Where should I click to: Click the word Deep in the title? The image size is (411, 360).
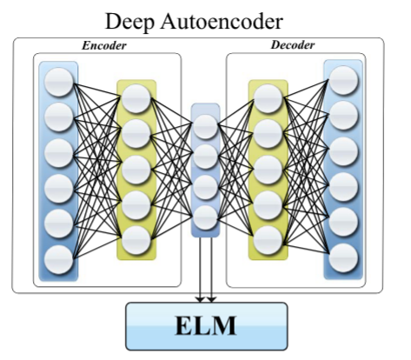tap(129, 23)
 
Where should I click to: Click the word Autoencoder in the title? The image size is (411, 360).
tap(222, 21)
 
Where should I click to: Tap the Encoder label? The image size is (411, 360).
tap(104, 45)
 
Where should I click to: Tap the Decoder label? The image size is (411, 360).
tap(293, 45)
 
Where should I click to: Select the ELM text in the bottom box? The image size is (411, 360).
tap(206, 326)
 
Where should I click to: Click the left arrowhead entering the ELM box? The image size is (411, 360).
tap(200, 299)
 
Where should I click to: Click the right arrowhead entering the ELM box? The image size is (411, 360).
tap(212, 299)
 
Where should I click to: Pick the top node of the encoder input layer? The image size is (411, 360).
tap(59, 82)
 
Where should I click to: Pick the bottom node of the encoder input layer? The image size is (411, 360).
tap(59, 260)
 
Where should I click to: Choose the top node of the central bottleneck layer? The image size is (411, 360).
tap(206, 127)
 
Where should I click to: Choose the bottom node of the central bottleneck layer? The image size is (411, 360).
tap(206, 218)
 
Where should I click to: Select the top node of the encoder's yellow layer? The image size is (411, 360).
tap(136, 98)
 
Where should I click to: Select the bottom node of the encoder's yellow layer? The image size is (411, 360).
tap(136, 240)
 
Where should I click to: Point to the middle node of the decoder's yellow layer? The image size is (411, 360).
tap(268, 170)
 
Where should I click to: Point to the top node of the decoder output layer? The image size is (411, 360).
tap(343, 80)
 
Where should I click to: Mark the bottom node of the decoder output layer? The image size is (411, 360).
tap(343, 258)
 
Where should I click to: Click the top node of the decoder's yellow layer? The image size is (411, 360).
tap(268, 98)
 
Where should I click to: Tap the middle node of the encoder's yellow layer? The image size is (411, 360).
tap(136, 170)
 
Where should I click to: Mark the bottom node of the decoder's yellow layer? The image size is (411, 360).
tap(268, 240)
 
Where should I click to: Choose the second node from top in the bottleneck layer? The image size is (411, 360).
tap(206, 157)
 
